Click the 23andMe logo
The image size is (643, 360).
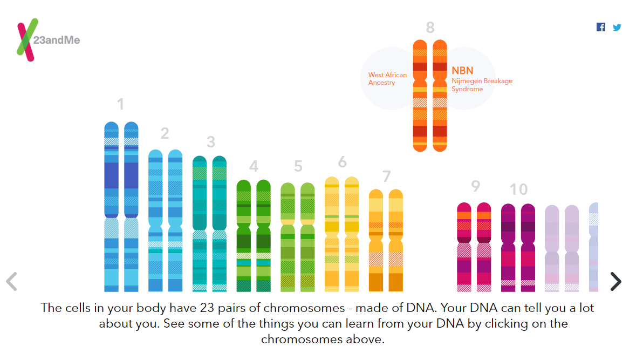click(x=48, y=40)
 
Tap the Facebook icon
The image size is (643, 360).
click(x=601, y=27)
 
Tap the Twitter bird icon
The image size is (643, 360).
click(x=617, y=28)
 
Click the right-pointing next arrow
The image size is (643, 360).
click(x=616, y=282)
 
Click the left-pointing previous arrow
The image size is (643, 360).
click(x=11, y=282)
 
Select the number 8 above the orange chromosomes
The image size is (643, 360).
click(x=430, y=28)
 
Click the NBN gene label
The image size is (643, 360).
click(x=462, y=71)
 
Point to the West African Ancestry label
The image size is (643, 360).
click(x=387, y=78)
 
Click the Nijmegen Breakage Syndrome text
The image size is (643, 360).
click(x=482, y=85)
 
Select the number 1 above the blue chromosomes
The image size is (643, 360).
click(x=120, y=104)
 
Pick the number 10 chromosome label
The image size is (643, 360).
click(x=518, y=189)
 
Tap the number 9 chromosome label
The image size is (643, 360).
click(x=475, y=186)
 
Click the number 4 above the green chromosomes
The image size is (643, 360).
click(x=254, y=166)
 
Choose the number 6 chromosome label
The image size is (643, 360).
click(x=342, y=162)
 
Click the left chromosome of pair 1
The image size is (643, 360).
click(x=112, y=207)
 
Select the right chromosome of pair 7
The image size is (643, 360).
click(x=396, y=240)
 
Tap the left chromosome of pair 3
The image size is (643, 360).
click(x=200, y=223)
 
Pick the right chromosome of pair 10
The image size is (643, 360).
click(x=528, y=248)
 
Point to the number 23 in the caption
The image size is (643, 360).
click(x=207, y=308)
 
